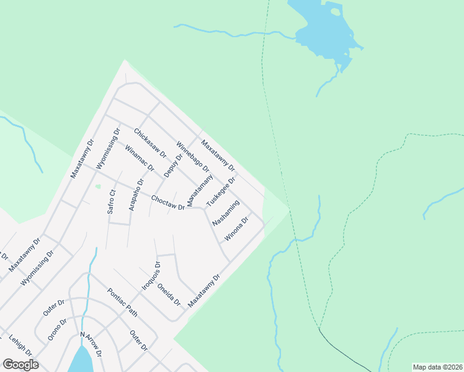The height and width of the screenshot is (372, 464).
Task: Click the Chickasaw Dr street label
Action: (x=150, y=143)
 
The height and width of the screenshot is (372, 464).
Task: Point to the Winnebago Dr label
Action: (x=193, y=157)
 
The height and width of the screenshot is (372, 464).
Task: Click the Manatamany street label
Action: (x=200, y=190)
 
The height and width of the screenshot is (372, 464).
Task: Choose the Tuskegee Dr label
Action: (x=221, y=192)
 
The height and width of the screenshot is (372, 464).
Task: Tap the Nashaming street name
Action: (x=226, y=213)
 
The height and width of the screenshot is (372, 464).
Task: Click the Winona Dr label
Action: (x=236, y=229)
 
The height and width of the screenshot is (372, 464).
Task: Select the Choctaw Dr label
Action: (x=168, y=203)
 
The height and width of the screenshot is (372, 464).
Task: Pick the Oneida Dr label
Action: (x=169, y=294)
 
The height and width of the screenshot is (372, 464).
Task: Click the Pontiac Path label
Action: (x=122, y=303)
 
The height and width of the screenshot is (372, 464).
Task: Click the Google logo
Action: (x=20, y=365)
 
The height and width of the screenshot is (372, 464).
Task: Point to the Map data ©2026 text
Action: (x=437, y=367)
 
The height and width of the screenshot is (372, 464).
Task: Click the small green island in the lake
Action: (x=336, y=11)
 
